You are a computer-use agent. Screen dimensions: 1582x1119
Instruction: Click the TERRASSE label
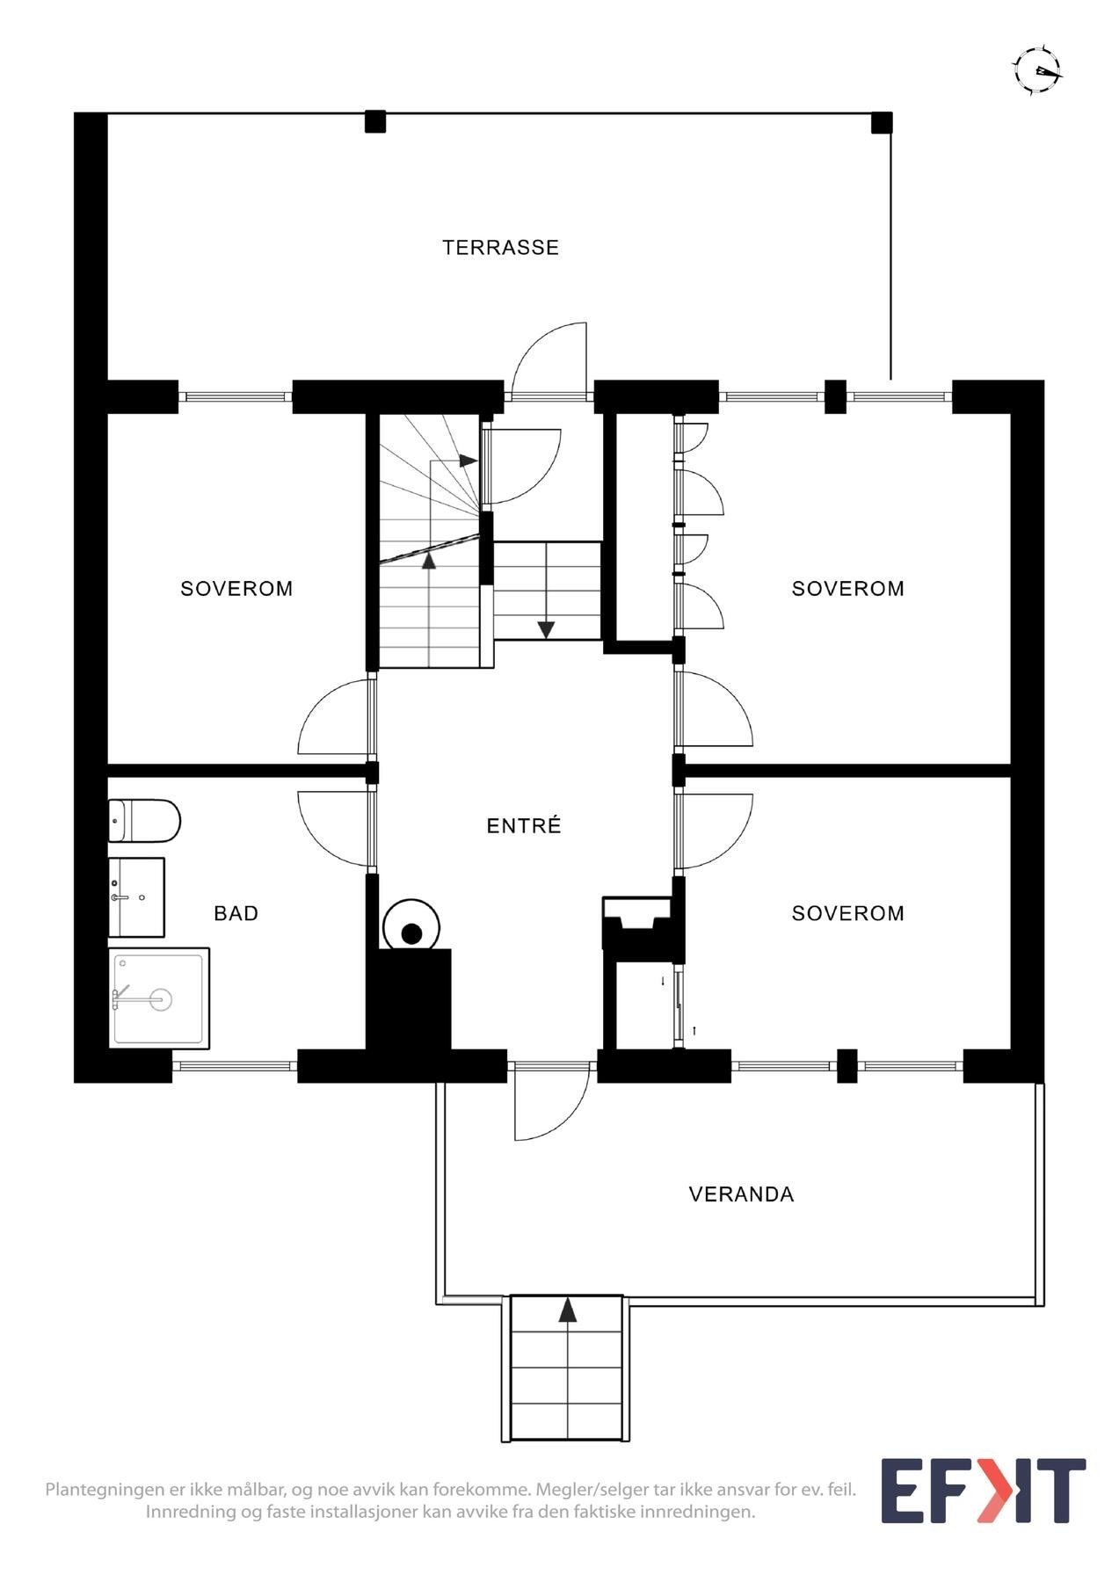click(x=500, y=247)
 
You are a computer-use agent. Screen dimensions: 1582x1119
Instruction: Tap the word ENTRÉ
click(x=524, y=825)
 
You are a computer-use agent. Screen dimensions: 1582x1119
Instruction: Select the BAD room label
click(x=236, y=913)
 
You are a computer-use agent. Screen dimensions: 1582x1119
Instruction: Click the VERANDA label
click(x=741, y=1194)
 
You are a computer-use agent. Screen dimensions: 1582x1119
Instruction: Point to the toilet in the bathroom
click(x=144, y=820)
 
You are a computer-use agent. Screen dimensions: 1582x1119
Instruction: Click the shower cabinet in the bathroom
click(x=159, y=998)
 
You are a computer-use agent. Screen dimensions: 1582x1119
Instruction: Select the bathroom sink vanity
click(x=137, y=897)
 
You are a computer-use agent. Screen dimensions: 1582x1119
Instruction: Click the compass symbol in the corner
click(x=1037, y=70)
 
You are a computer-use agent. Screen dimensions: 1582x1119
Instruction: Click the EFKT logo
click(x=983, y=1491)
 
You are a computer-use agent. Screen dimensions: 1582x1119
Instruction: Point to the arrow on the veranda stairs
click(x=568, y=1310)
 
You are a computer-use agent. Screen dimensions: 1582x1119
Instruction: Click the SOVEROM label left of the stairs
click(x=236, y=588)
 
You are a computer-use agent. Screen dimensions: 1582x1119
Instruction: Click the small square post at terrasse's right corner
click(x=882, y=122)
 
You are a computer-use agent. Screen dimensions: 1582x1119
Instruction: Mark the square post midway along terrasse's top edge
click(x=375, y=121)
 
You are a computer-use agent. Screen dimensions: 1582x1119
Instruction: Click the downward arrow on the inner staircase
click(x=546, y=629)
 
